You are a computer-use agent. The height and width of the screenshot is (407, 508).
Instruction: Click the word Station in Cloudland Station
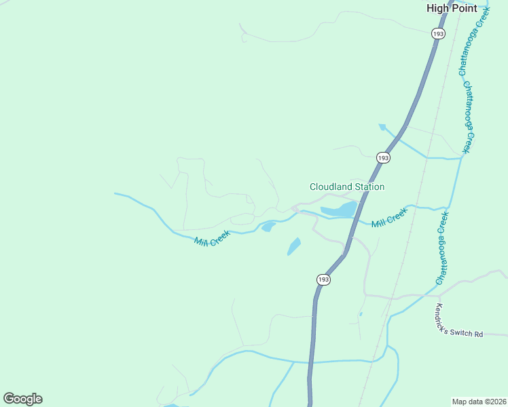pos(369,187)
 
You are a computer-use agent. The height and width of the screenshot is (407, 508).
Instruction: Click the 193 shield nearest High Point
pos(438,33)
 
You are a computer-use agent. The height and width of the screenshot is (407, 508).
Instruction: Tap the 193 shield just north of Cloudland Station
pos(383,157)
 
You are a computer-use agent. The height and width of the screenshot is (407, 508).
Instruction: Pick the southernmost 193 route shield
pos(324,279)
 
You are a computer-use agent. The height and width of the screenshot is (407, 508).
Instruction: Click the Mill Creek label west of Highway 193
pos(212,237)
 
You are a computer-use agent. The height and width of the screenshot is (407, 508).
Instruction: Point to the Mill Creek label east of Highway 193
pos(388,218)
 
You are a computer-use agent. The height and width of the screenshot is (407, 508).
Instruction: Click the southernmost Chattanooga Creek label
pos(443,248)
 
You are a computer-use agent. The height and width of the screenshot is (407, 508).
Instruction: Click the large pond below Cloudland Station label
pos(339,210)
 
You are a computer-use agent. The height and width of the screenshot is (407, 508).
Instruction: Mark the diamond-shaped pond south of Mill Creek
pos(294,246)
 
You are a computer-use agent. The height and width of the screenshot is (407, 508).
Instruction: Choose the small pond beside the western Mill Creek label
pos(268,226)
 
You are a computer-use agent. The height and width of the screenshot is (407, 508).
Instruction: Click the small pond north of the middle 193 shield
pos(382,127)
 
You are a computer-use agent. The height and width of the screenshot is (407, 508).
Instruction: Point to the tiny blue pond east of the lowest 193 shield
pos(360,314)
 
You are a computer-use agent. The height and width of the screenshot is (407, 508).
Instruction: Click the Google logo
pos(22,399)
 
